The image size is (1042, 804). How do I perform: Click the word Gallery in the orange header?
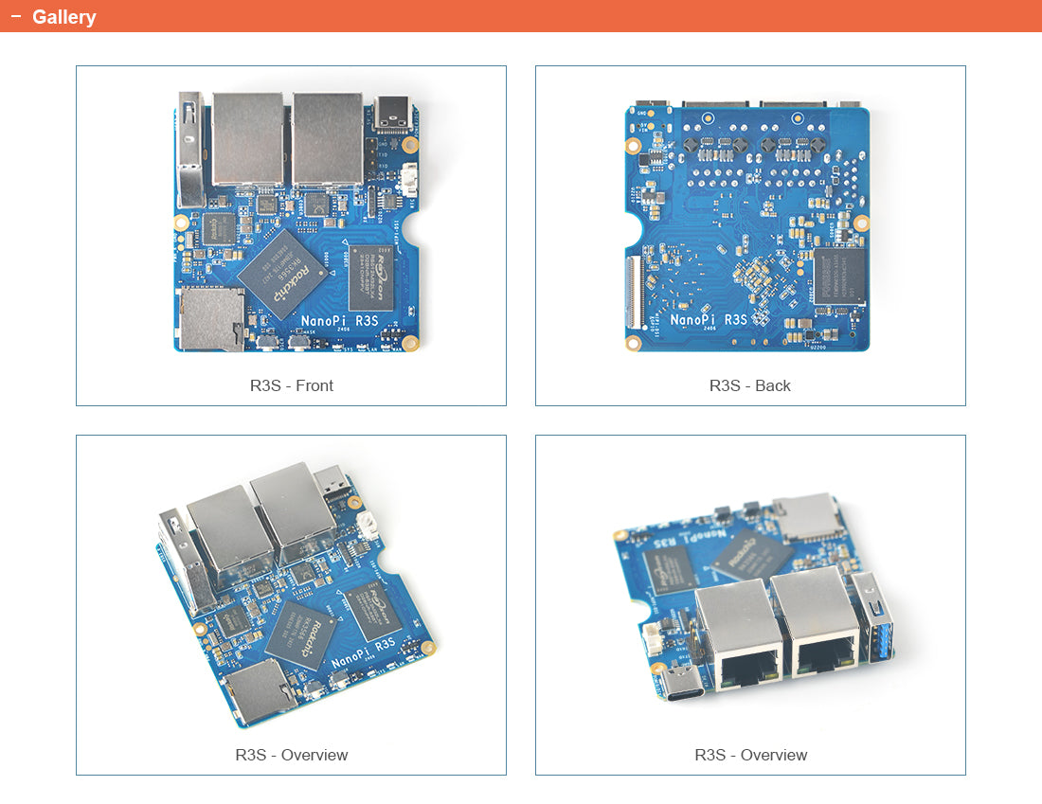(63, 17)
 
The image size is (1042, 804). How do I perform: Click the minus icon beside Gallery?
(15, 16)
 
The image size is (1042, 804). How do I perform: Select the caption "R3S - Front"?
(291, 385)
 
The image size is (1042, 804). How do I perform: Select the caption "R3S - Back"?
(749, 385)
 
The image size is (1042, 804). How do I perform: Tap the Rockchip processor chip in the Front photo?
(281, 272)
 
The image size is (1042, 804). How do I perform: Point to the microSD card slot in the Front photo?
(209, 319)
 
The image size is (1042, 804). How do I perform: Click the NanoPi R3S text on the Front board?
(339, 321)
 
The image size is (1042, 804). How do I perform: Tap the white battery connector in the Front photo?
(409, 179)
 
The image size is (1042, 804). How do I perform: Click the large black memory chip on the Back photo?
(839, 276)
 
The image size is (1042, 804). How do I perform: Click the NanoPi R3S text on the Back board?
(709, 320)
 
